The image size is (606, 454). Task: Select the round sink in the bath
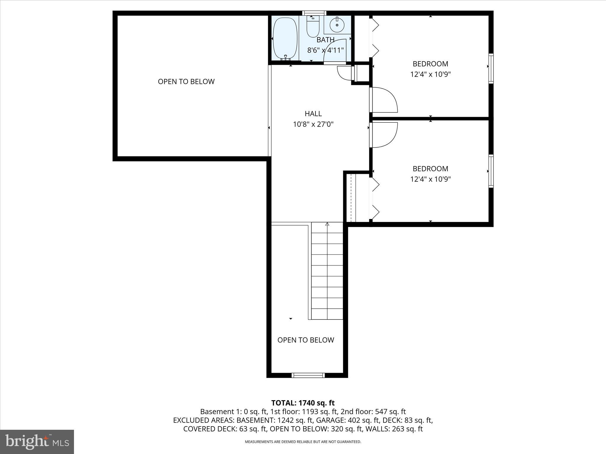tap(337, 25)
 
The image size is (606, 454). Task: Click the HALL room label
tap(313, 113)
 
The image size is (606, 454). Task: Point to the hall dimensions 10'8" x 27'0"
tap(313, 124)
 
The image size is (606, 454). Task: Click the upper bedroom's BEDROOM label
tap(430, 64)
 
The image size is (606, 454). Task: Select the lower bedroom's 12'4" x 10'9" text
tap(430, 179)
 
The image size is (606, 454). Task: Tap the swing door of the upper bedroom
tap(384, 100)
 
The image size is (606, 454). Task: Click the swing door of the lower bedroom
tap(384, 135)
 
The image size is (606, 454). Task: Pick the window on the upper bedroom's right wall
tap(491, 68)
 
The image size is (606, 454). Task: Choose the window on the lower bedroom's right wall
tap(491, 171)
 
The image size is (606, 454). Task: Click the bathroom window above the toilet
tap(314, 13)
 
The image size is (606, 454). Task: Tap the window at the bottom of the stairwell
tap(308, 375)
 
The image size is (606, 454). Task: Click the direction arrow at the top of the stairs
tap(327, 225)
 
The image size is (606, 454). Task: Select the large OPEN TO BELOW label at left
tap(186, 82)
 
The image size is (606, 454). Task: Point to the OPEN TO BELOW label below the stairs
tap(306, 340)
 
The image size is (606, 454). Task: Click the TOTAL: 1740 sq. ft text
tap(303, 403)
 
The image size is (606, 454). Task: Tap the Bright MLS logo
tap(37, 442)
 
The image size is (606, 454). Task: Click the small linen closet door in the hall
tap(344, 73)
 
